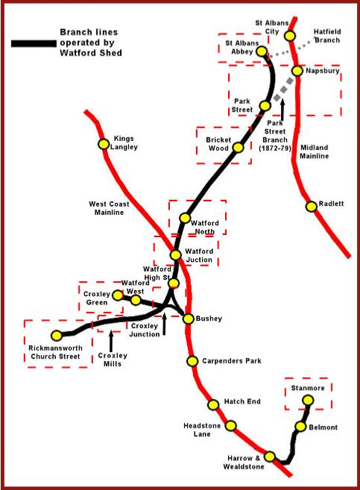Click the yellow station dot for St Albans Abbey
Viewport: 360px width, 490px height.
pyautogui.click(x=262, y=51)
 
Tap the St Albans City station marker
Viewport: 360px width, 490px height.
pyautogui.click(x=290, y=36)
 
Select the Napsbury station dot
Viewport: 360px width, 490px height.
pyautogui.click(x=297, y=71)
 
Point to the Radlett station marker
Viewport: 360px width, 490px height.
pyautogui.click(x=311, y=207)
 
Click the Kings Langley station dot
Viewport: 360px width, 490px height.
pyautogui.click(x=104, y=144)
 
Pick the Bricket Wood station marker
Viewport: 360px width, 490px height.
pyautogui.click(x=238, y=148)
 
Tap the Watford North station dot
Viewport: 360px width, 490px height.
pyautogui.click(x=185, y=218)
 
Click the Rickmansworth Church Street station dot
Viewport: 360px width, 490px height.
pyautogui.click(x=57, y=336)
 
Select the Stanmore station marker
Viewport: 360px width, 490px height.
pyautogui.click(x=308, y=400)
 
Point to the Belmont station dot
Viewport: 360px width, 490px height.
pyautogui.click(x=300, y=427)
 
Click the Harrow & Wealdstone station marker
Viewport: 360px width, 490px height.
pyautogui.click(x=270, y=456)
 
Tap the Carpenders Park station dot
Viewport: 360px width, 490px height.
pyautogui.click(x=192, y=361)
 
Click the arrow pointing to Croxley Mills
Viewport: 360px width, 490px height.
pyautogui.click(x=110, y=341)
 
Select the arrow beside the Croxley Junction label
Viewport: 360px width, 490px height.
pyautogui.click(x=164, y=323)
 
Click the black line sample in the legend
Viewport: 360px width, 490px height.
pyautogui.click(x=34, y=43)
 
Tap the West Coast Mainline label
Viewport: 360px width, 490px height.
pyautogui.click(x=109, y=208)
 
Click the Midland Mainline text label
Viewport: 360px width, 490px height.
pyautogui.click(x=314, y=151)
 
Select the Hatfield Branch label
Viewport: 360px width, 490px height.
pyautogui.click(x=327, y=36)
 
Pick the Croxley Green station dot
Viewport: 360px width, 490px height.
pyautogui.click(x=118, y=295)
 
